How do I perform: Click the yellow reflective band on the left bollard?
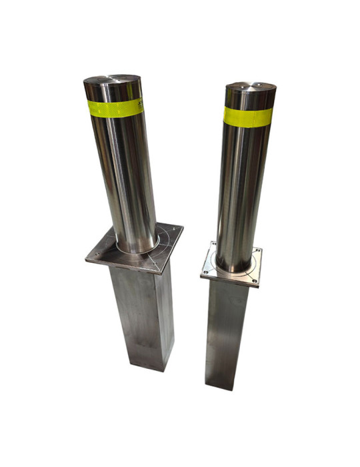pyautogui.click(x=115, y=107)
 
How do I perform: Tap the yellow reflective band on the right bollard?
pyautogui.click(x=247, y=116)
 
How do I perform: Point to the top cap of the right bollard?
pyautogui.click(x=251, y=87)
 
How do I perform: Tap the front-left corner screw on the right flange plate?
pyautogui.click(x=207, y=272)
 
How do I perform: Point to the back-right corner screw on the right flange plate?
pyautogui.click(x=257, y=252)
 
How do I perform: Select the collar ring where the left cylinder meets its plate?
pyautogui.click(x=137, y=251)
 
